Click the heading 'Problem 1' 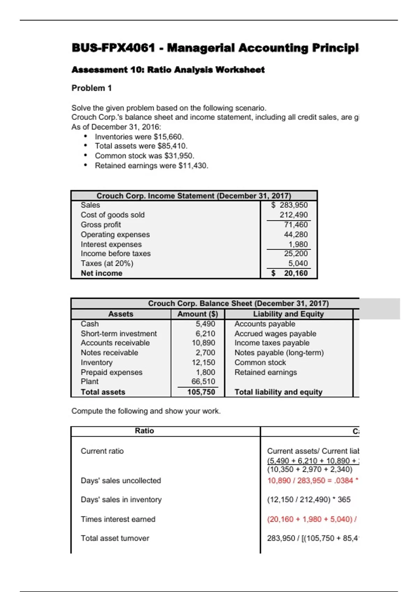92,88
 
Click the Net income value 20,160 295,273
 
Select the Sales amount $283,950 290,205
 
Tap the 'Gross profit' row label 101,225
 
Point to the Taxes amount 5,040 298,263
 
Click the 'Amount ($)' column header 198,314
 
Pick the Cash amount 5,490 205,324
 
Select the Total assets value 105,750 201,392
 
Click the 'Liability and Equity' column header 288,314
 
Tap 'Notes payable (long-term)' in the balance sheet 279,353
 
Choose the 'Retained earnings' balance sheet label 265,372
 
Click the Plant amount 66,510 203,382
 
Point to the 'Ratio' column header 144,431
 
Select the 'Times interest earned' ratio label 118,519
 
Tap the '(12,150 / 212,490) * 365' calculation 309,500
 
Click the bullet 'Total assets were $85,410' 141,146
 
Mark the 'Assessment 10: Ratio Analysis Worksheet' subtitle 168,70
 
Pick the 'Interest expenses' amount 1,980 298,244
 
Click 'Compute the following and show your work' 146,411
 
